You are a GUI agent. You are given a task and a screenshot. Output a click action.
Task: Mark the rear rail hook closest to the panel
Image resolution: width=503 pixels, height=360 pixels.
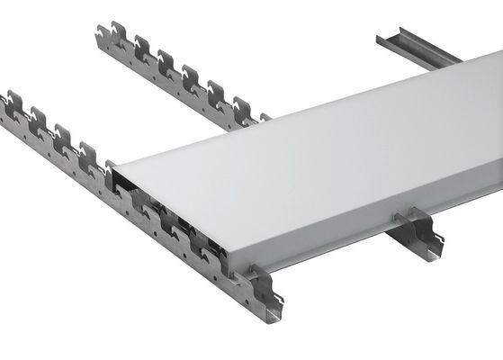pyautogui.click(x=240, y=107)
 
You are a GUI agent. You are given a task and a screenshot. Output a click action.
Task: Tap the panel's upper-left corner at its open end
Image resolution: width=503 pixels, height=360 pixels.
pyautogui.click(x=114, y=165)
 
